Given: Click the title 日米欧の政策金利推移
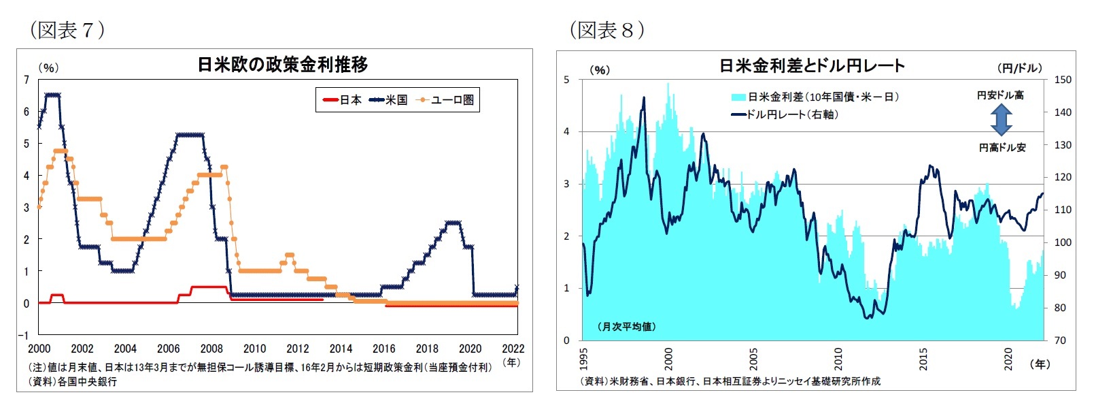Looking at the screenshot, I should pyautogui.click(x=282, y=65).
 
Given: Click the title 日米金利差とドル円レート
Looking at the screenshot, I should pyautogui.click(x=812, y=66).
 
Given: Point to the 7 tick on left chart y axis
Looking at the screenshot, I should pyautogui.click(x=27, y=80).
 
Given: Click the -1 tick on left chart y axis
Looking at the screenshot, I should pyautogui.click(x=24, y=335).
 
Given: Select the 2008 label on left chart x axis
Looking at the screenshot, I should pyautogui.click(x=211, y=349).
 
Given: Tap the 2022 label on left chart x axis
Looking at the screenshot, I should pyautogui.click(x=513, y=349).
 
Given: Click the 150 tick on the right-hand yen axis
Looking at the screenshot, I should pyautogui.click(x=1062, y=80).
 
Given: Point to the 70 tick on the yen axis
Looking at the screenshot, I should pyautogui.click(x=1059, y=340).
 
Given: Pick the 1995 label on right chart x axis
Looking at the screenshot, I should pyautogui.click(x=584, y=359).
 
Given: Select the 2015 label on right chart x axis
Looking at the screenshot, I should pyautogui.click(x=923, y=359).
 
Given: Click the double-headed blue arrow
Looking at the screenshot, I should pyautogui.click(x=1001, y=121).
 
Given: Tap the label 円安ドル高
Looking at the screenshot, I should pyautogui.click(x=1000, y=95).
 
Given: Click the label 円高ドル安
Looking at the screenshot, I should pyautogui.click(x=1002, y=147).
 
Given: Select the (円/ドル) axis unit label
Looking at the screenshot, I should pyautogui.click(x=1019, y=67).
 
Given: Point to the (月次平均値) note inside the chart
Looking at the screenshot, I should pyautogui.click(x=627, y=327).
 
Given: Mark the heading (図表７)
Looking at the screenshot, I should pyautogui.click(x=67, y=29).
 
